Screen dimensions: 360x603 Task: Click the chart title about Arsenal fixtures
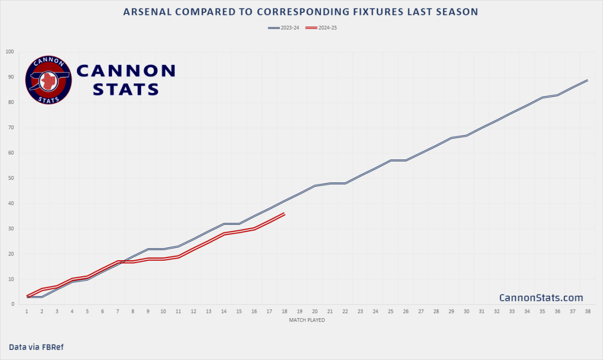pos(300,12)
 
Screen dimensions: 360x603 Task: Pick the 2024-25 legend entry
pos(320,27)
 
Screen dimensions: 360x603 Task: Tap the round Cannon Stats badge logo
pos(48,80)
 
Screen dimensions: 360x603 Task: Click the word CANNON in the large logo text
pos(126,70)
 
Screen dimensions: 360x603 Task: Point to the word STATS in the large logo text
pos(126,89)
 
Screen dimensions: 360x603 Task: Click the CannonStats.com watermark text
pos(541,298)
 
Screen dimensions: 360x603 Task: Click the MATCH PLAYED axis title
pos(307,320)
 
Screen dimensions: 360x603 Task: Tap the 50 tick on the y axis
pos(11,178)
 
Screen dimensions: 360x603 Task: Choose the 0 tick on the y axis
pos(13,304)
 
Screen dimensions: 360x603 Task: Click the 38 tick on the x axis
pos(587,311)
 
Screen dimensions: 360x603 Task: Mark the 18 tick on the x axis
pos(284,311)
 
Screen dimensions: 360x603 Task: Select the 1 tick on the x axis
pos(27,311)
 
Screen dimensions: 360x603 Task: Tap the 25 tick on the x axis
pos(391,311)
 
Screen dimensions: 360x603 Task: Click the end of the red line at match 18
pos(284,214)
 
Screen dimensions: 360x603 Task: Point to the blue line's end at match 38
pos(587,80)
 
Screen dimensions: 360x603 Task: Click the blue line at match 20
pos(315,186)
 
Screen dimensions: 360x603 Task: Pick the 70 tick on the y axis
pos(11,128)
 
